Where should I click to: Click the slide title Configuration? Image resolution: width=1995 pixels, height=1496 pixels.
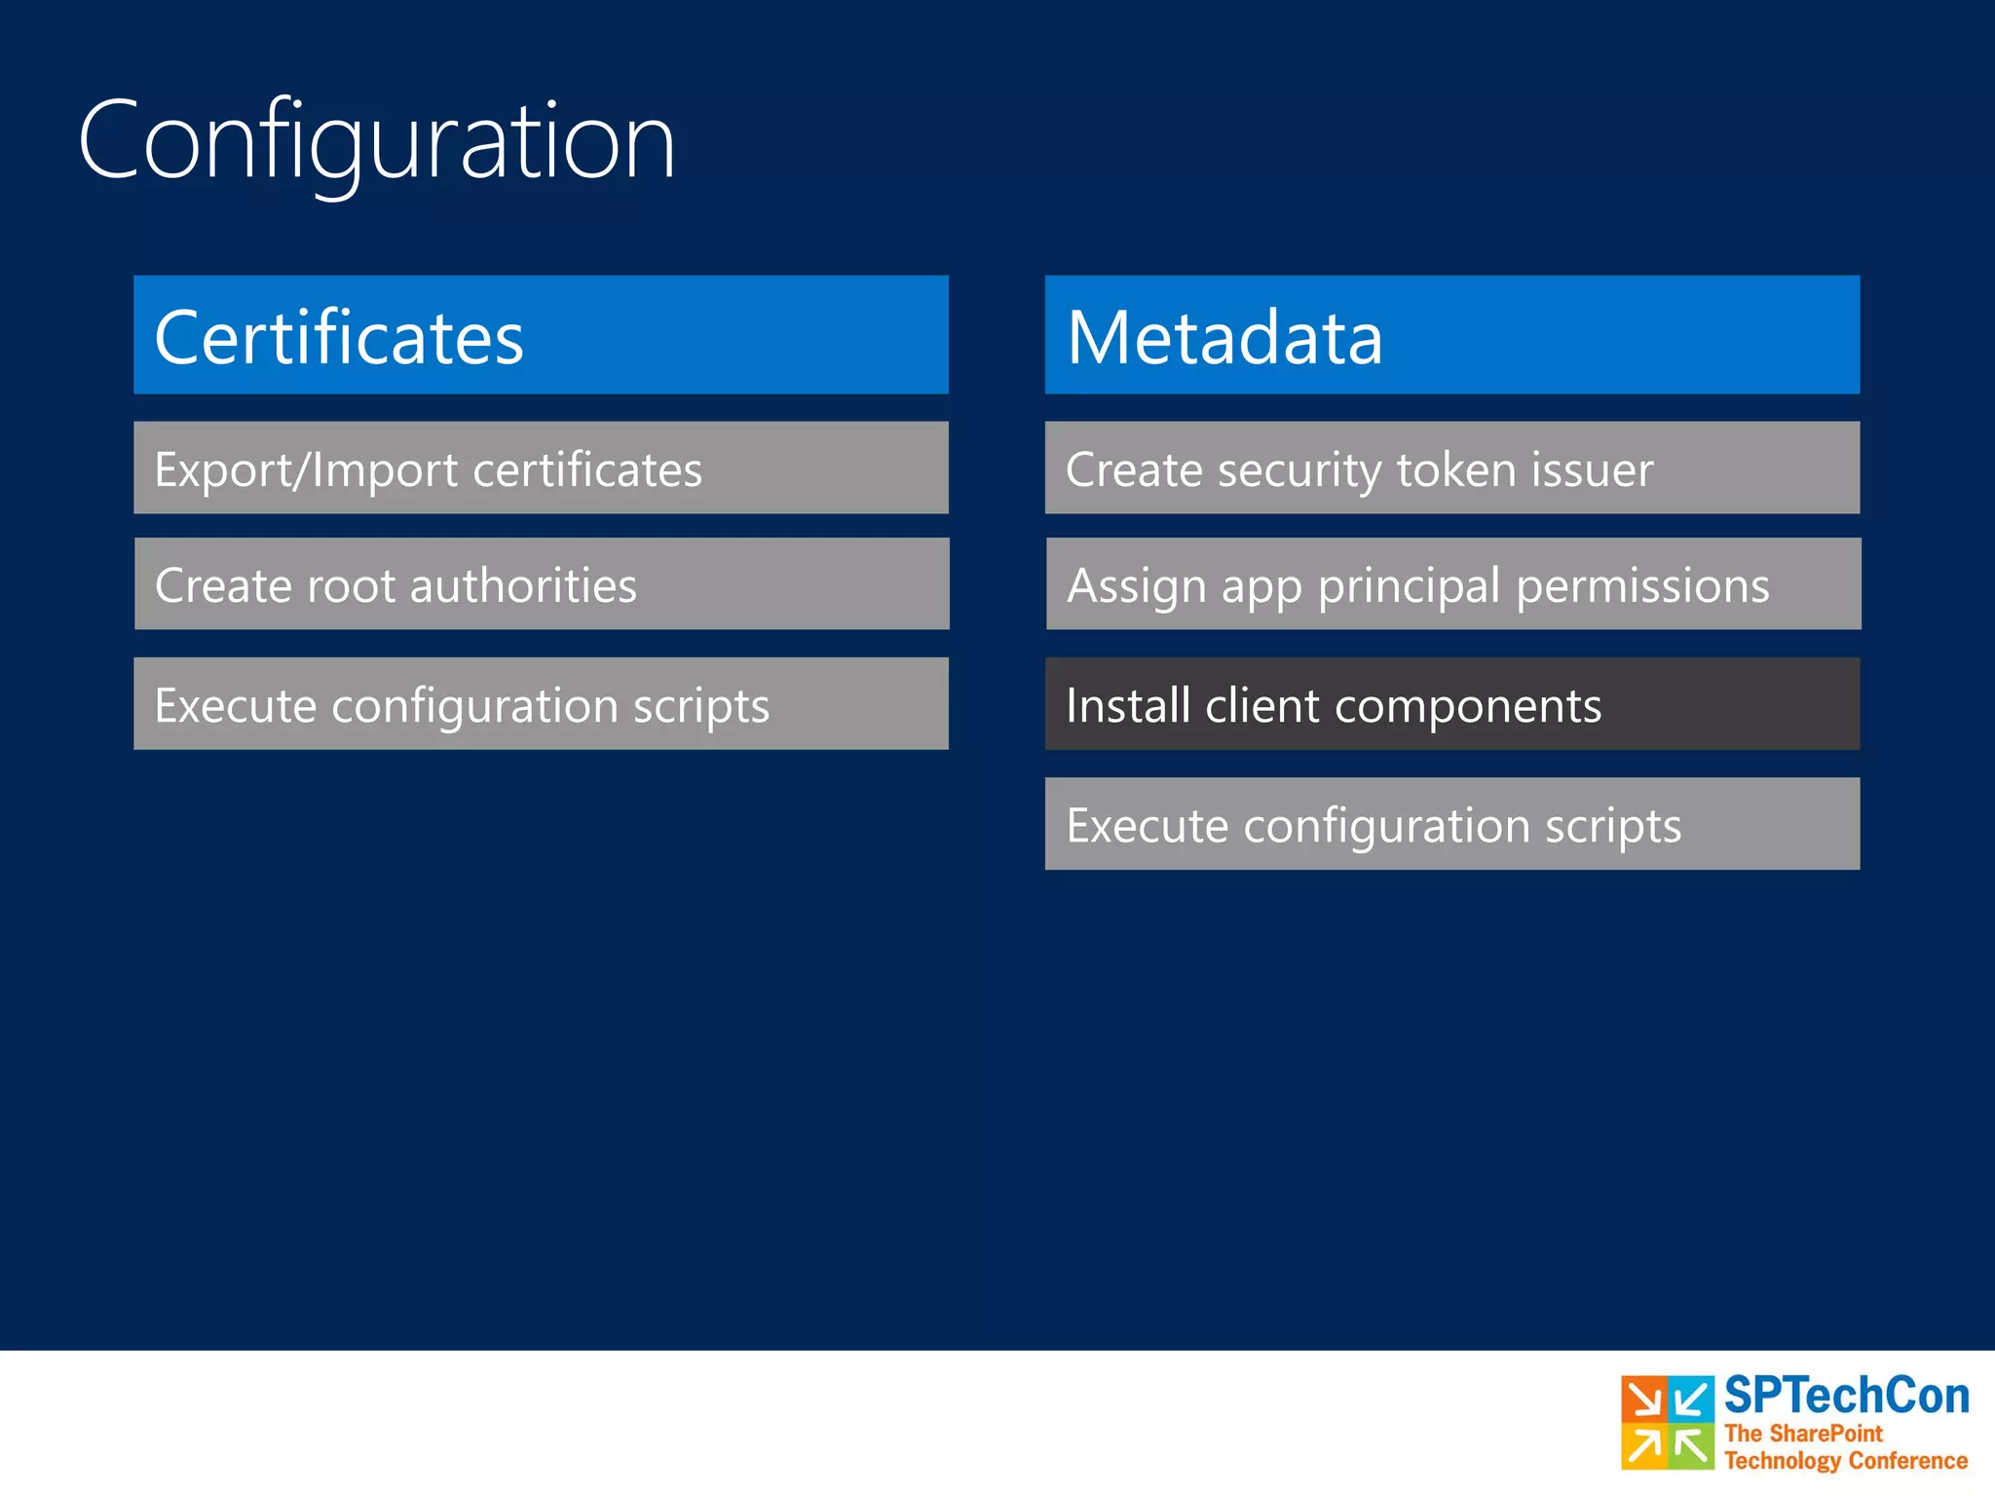(x=376, y=141)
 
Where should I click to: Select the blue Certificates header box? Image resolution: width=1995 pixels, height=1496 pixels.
(x=541, y=334)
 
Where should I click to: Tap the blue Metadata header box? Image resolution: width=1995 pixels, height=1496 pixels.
(x=1451, y=334)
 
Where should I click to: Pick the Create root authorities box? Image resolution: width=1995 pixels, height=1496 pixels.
(x=541, y=583)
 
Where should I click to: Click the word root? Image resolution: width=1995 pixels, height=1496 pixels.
(x=351, y=586)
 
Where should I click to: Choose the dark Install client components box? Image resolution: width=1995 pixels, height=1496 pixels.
(x=1451, y=703)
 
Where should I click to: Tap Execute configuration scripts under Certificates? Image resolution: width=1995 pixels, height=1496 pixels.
(x=541, y=703)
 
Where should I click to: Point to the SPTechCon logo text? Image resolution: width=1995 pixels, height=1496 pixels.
(x=1845, y=1396)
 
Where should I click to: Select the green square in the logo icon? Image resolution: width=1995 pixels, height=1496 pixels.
(x=1691, y=1446)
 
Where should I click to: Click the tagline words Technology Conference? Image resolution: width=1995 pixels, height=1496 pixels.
(x=1845, y=1461)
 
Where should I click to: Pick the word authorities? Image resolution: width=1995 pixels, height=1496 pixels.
(x=523, y=586)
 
